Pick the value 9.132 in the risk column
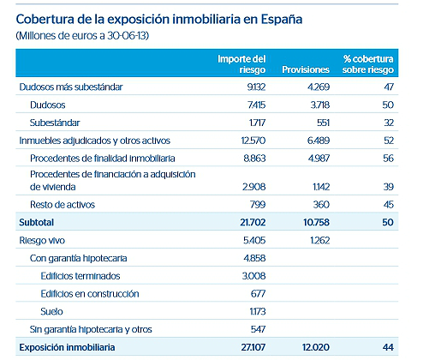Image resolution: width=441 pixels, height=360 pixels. tap(255, 87)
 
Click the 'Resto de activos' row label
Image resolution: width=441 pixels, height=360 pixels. tap(62, 204)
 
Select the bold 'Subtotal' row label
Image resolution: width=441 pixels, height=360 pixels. tap(38, 222)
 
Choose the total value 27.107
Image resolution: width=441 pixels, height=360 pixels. tap(253, 347)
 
